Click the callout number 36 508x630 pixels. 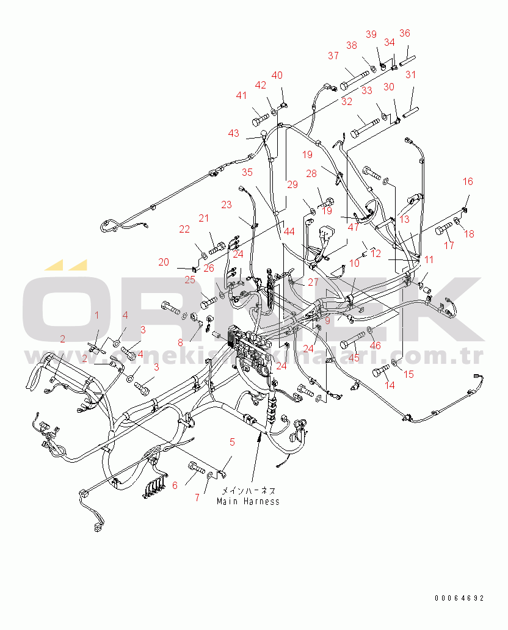pyautogui.click(x=405, y=33)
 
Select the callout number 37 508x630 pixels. pyautogui.click(x=333, y=56)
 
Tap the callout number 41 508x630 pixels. pyautogui.click(x=242, y=95)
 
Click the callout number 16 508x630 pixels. pyautogui.click(x=468, y=181)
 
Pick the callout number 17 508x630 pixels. pyautogui.click(x=449, y=246)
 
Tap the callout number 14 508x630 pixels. pyautogui.click(x=389, y=385)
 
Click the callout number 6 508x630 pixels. pyautogui.click(x=175, y=485)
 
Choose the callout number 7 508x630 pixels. pyautogui.click(x=197, y=498)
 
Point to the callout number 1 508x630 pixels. pyautogui.click(x=96, y=314)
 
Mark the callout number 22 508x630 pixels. pyautogui.click(x=184, y=229)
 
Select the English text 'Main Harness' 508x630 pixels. pyautogui.click(x=249, y=501)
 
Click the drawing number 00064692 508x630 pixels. pyautogui.click(x=459, y=598)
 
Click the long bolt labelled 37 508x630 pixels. pyautogui.click(x=355, y=78)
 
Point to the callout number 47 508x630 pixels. pyautogui.click(x=354, y=226)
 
